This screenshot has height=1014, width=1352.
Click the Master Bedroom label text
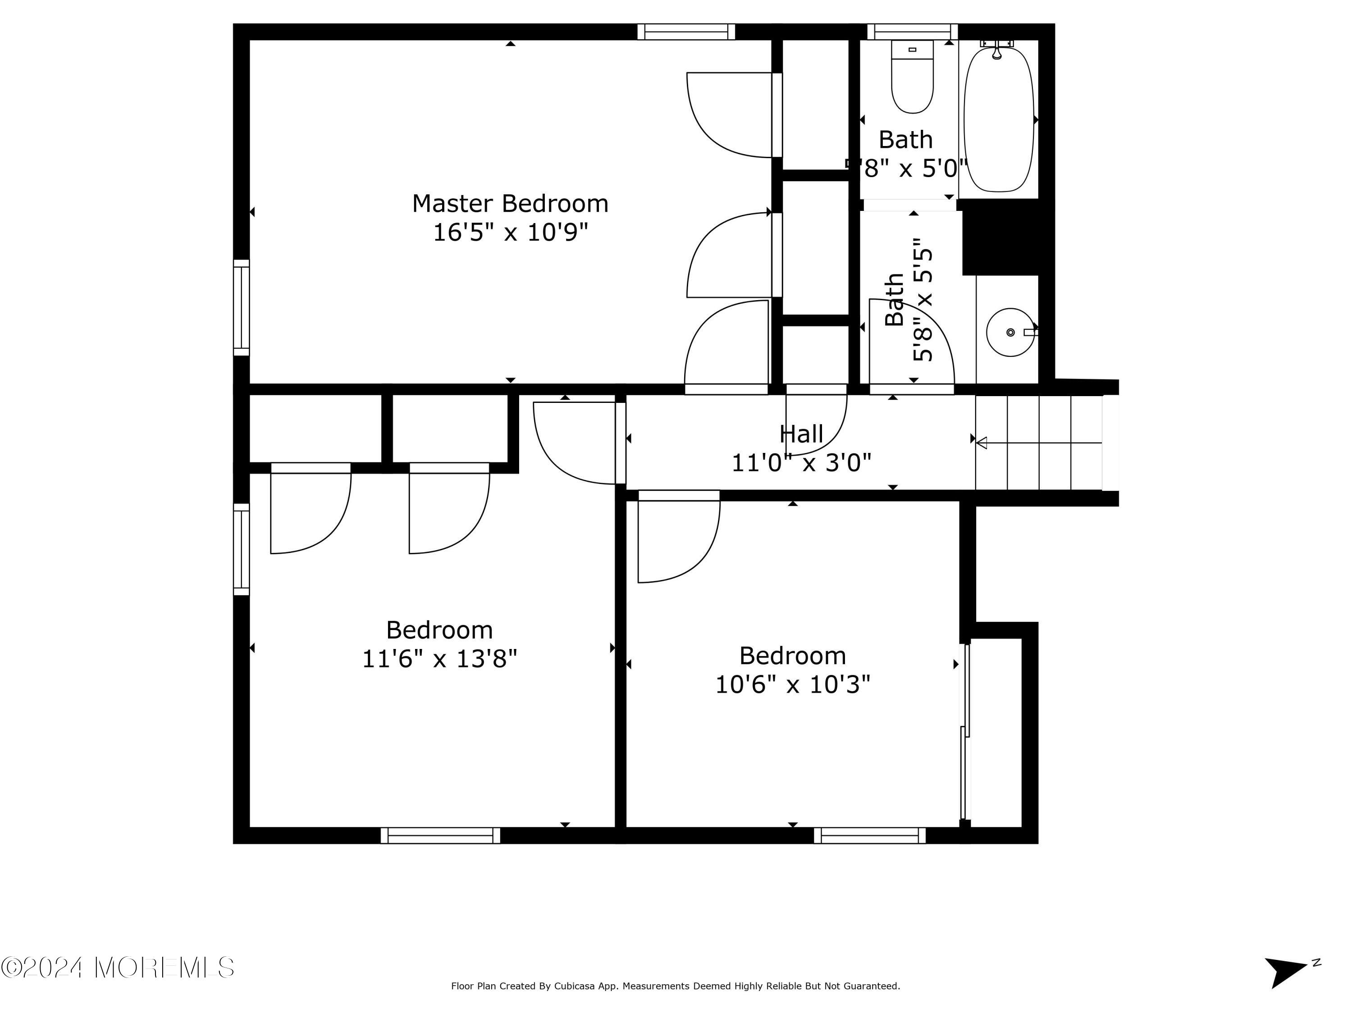pos(510,204)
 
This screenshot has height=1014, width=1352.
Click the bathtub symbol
pos(998,119)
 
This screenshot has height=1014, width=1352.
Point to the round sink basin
pos(1010,332)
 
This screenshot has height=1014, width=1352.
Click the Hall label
pos(801,434)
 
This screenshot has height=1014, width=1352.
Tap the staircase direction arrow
pos(1039,443)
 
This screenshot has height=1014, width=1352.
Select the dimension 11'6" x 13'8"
pos(439,659)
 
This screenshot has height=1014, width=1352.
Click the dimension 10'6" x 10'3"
pos(792,685)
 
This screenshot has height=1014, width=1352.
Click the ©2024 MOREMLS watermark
pos(117,968)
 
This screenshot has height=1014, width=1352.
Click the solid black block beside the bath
pos(1000,237)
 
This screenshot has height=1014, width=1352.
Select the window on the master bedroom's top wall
pos(686,32)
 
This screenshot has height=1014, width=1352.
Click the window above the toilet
pos(912,32)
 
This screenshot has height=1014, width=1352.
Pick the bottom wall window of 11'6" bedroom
pos(440,836)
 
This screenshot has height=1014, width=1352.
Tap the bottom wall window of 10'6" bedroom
pos(869,836)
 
